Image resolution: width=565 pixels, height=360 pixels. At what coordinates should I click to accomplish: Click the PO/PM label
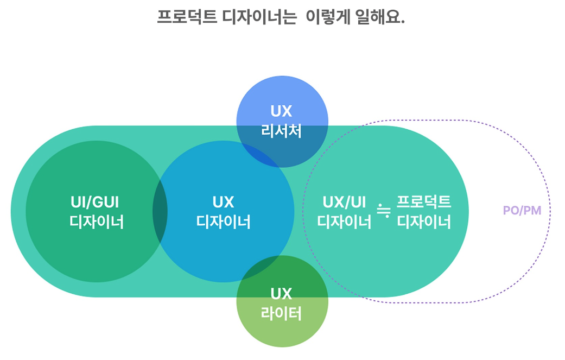coord(522,211)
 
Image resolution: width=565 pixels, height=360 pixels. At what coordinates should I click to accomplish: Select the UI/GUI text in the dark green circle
coord(95,202)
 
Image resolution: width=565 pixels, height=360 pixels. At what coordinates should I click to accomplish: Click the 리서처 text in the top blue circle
coord(282,131)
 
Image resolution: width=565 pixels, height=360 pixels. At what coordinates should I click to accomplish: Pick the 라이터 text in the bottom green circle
coord(282,314)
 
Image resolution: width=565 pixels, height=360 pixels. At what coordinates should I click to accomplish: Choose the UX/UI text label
coord(345,202)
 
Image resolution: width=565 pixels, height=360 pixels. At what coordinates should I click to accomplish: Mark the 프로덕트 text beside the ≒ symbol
coord(424,202)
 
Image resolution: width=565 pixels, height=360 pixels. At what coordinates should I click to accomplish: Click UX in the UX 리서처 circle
coord(282,112)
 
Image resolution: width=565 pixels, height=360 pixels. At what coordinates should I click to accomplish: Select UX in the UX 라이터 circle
coord(282,294)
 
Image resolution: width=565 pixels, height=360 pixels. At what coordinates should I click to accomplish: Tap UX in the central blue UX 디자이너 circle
coord(223,202)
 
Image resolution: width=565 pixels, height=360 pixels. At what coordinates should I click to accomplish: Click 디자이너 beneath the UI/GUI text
coord(97,222)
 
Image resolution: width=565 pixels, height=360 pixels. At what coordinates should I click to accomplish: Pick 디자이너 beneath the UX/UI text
coord(345,222)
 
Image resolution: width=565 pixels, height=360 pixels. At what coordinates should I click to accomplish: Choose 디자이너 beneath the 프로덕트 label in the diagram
coord(424,222)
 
